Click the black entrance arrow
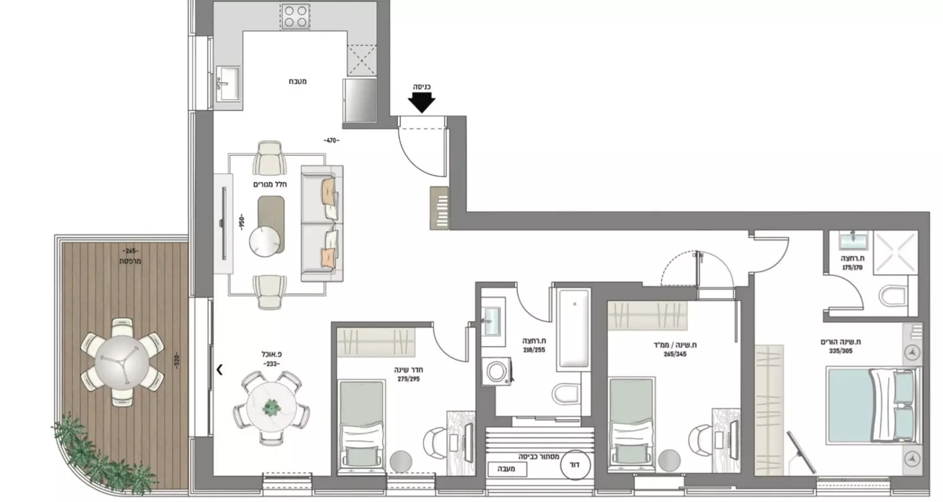click(421, 104)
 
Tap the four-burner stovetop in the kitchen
click(295, 16)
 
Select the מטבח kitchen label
click(298, 81)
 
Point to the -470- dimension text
click(331, 140)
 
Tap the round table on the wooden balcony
click(122, 361)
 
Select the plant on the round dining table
click(271, 406)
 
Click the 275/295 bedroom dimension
click(408, 379)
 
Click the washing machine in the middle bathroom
click(495, 372)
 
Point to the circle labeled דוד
click(573, 464)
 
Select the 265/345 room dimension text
click(674, 354)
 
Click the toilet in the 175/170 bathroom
click(895, 296)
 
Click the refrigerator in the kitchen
click(360, 100)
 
